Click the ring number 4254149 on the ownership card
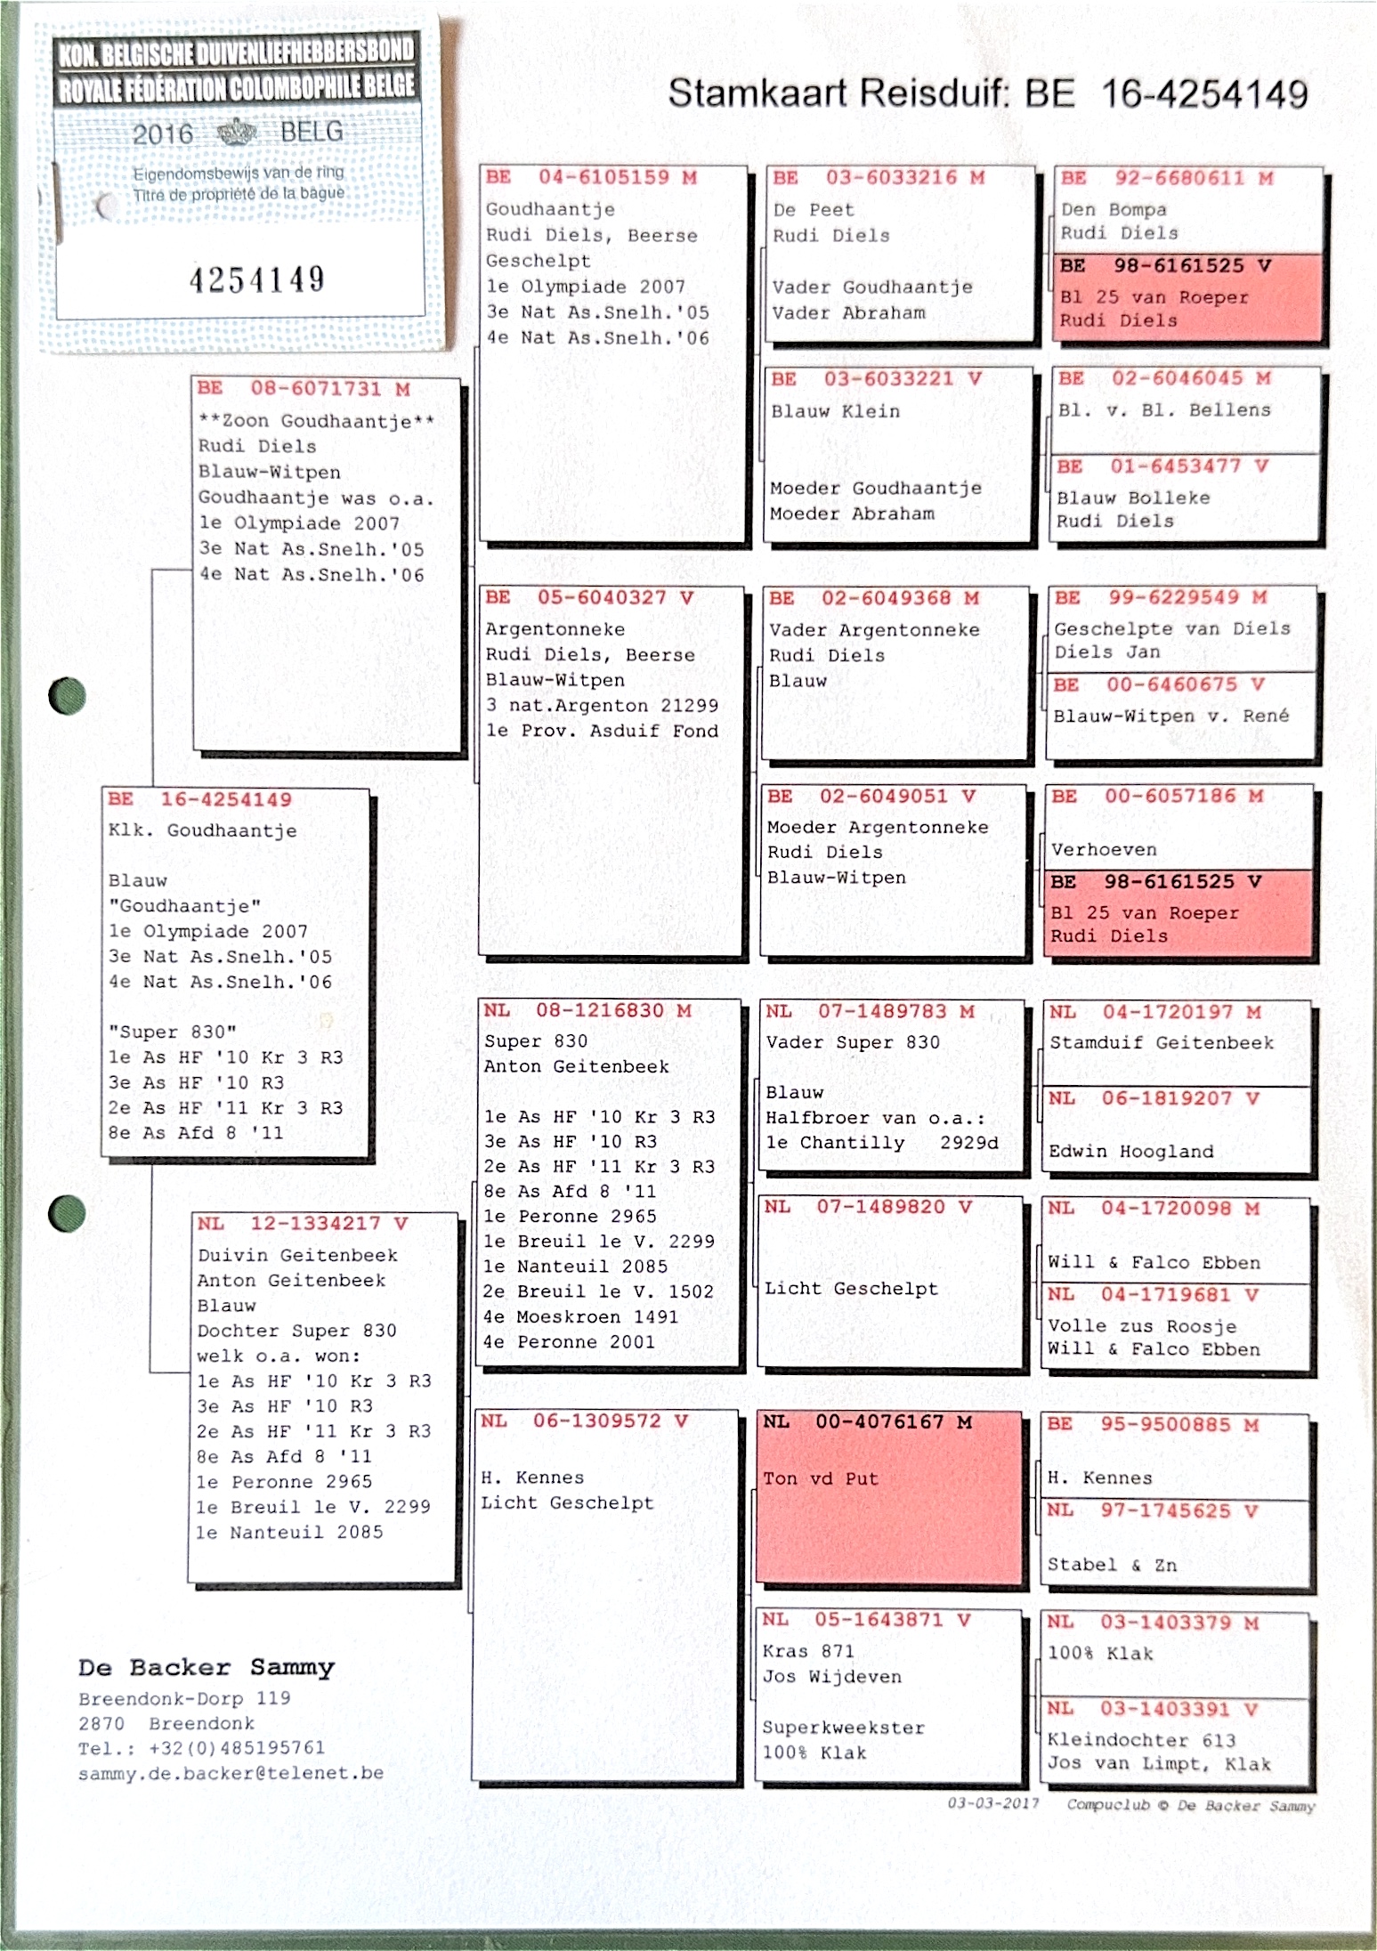256,280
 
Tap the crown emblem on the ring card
237,132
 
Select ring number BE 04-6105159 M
591,177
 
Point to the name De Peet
814,210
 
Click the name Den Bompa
1114,210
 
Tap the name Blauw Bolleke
1133,498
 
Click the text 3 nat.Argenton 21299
602,705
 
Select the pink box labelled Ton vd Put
888,1496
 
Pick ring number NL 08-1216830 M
587,1010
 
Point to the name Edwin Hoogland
1130,1151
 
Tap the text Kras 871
808,1651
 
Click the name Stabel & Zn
1112,1565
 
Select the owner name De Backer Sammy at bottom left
207,1667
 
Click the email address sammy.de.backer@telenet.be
231,1772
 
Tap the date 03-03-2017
993,1803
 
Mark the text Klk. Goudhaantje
203,831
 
